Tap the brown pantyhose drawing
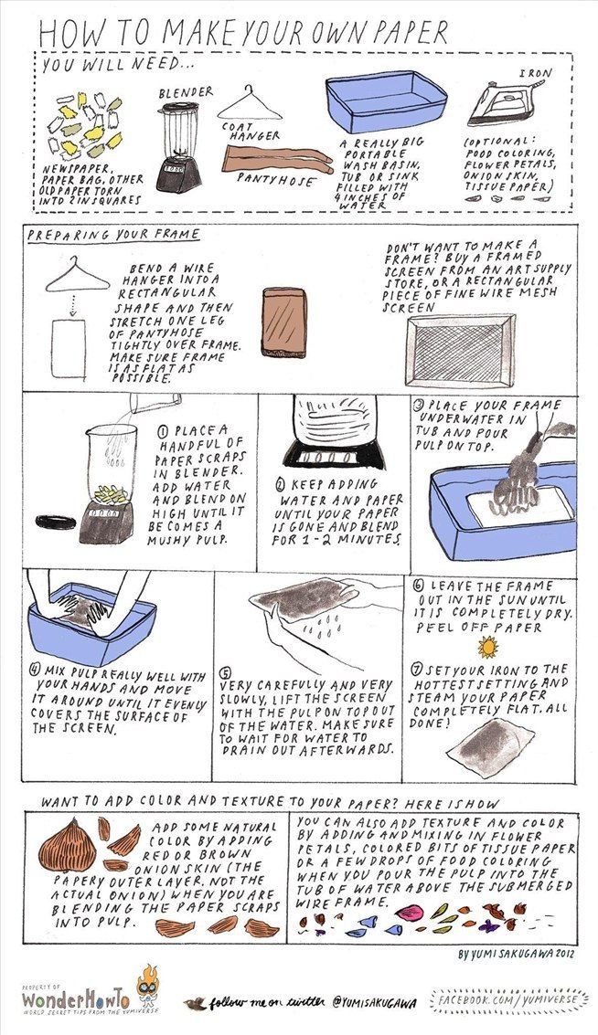coord(278,159)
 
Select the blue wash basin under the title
coord(387,103)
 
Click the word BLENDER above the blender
coord(186,93)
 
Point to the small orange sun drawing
coord(487,647)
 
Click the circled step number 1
coord(163,431)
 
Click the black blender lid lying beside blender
coord(56,523)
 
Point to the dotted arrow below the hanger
coord(73,304)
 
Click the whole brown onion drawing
coord(68,845)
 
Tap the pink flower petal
coord(409,913)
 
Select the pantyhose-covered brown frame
coord(284,322)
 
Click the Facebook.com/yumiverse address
coord(508,1000)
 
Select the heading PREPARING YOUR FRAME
coord(113,235)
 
